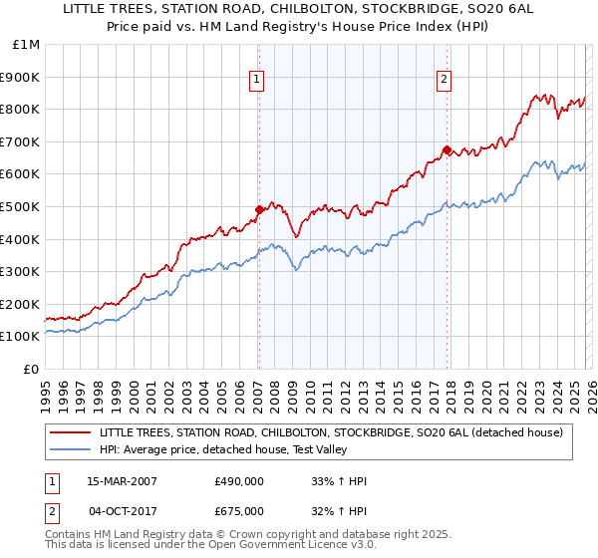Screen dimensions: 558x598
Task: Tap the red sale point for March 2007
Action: [x=259, y=209]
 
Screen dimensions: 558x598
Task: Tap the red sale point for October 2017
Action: [x=447, y=150]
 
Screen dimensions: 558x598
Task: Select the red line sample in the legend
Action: [x=70, y=432]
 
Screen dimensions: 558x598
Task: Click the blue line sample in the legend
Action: [x=70, y=449]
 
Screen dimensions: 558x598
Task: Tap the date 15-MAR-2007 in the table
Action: [x=122, y=481]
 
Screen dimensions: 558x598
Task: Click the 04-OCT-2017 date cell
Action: [x=122, y=511]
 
